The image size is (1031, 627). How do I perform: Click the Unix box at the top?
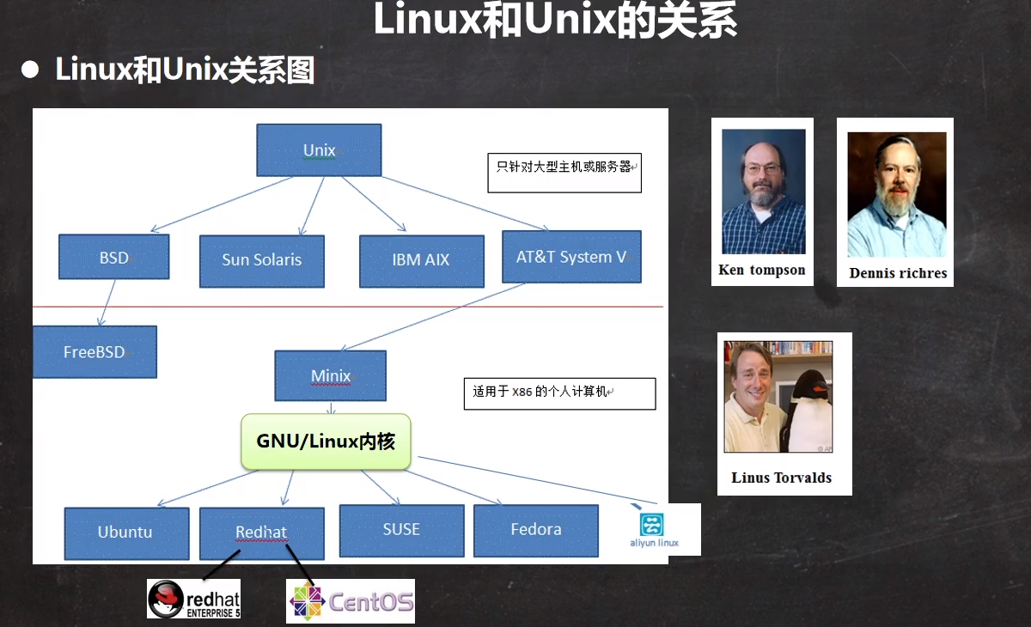click(x=319, y=150)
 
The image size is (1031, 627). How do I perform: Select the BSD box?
click(x=113, y=257)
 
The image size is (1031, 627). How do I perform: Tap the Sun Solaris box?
click(x=261, y=260)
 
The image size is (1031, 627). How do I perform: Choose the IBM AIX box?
click(x=421, y=260)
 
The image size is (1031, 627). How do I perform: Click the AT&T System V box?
click(x=571, y=257)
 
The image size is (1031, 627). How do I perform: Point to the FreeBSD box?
click(x=95, y=351)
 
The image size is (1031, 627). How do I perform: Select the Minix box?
click(x=331, y=375)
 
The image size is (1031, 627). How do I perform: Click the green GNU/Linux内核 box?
click(x=326, y=441)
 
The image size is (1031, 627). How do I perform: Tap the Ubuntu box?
click(x=125, y=533)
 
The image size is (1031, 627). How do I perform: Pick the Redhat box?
click(x=261, y=533)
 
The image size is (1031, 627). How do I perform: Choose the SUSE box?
click(x=401, y=529)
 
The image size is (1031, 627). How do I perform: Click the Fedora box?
click(x=535, y=530)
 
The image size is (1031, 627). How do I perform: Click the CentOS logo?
click(x=351, y=600)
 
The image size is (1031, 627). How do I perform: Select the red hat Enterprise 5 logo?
click(x=194, y=599)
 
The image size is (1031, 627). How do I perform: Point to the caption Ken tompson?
click(x=762, y=270)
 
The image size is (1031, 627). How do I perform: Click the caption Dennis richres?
click(x=898, y=273)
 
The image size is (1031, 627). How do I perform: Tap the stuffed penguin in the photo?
click(x=809, y=411)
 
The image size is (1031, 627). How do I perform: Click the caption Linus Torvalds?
click(x=782, y=478)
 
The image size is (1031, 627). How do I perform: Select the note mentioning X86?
click(x=559, y=393)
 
